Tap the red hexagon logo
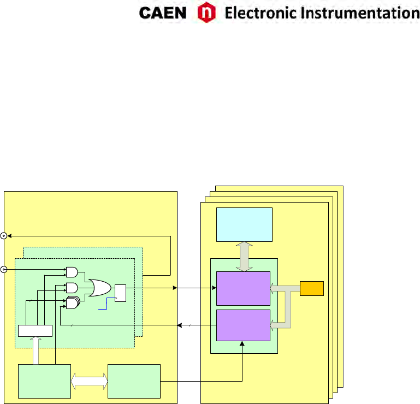(205, 13)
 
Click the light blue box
(244, 224)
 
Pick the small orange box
(312, 288)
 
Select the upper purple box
(244, 288)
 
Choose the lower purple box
(244, 325)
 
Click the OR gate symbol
(100, 287)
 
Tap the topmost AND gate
(72, 271)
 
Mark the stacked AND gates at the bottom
(72, 303)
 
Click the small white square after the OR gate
(120, 293)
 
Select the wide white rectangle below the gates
(35, 331)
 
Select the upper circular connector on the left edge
(4, 236)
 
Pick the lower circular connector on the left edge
(4, 270)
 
